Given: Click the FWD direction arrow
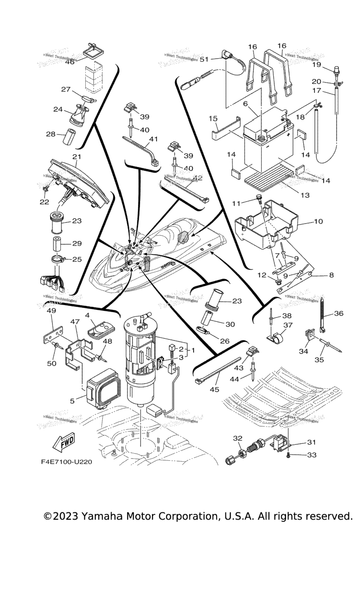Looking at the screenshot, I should coord(63,442).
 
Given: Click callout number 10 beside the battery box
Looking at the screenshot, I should coord(318,221).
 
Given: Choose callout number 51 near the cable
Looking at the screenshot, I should coord(204,59).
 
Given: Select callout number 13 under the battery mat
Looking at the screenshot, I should coord(305,195).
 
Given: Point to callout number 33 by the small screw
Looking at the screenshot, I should coord(312,455).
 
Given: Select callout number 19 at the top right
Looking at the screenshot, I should coord(330,64).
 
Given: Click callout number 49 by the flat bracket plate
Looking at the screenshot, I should coord(52,310).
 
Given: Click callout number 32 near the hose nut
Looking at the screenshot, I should coord(239,438).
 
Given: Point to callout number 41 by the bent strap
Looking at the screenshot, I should coord(153,139).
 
